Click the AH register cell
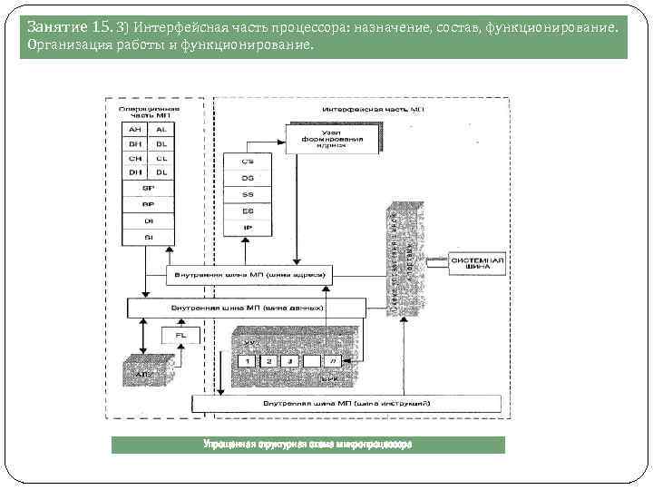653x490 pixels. [x=135, y=130]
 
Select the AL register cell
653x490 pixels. [x=161, y=130]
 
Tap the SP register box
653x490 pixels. [x=148, y=188]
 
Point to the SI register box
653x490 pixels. [x=148, y=237]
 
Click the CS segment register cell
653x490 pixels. [x=247, y=162]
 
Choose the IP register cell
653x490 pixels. [x=247, y=228]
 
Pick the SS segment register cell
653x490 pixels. [x=247, y=194]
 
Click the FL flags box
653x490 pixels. [x=180, y=337]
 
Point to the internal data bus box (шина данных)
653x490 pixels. [x=247, y=309]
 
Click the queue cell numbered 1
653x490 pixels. [x=244, y=361]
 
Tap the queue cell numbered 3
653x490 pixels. [x=288, y=361]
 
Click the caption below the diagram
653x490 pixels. [x=307, y=445]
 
